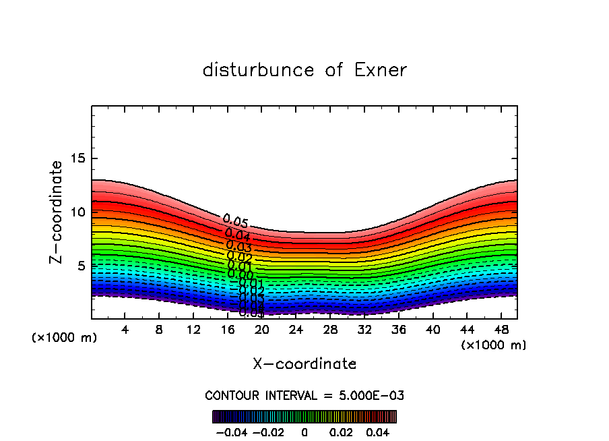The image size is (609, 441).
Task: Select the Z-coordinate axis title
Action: coord(57,212)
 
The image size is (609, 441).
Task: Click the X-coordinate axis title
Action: coord(304,364)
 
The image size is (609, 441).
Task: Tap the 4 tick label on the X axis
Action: coord(125,330)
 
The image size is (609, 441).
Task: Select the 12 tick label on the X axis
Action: coord(193,330)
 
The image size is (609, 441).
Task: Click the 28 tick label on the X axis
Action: coord(330,330)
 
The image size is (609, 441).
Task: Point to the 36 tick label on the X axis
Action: coord(398,330)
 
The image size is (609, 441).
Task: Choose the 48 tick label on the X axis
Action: coord(501,330)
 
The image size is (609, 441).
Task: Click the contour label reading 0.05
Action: coord(236,221)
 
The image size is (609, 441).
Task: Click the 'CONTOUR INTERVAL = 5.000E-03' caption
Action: coord(304,395)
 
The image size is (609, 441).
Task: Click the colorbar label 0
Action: coord(304,431)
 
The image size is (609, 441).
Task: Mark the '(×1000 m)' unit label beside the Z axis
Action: coord(64,338)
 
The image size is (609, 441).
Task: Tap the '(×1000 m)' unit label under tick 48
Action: coord(494,345)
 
